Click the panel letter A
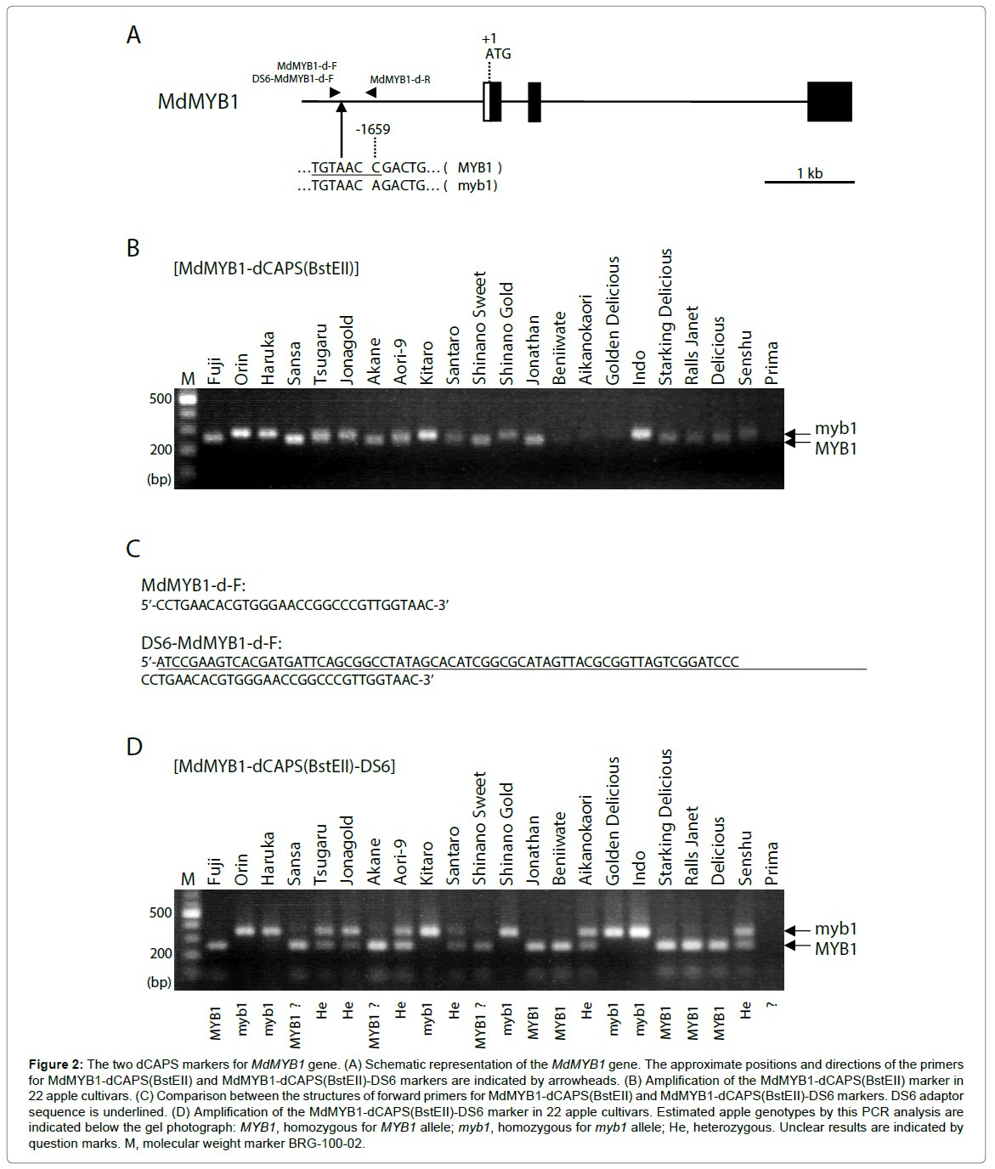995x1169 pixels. click(133, 36)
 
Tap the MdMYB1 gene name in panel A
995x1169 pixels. click(198, 102)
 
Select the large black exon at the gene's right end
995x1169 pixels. click(828, 102)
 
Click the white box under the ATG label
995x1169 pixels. click(487, 102)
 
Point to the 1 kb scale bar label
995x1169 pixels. click(809, 173)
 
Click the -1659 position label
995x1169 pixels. click(373, 129)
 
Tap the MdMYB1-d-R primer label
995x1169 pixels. click(399, 80)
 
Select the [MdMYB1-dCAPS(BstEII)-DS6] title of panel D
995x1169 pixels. click(284, 766)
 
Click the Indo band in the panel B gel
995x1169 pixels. click(641, 434)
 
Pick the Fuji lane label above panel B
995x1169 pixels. click(214, 370)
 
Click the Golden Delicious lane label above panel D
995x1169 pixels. click(613, 821)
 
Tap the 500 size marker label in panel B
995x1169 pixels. click(161, 398)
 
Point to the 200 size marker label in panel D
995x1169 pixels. click(161, 953)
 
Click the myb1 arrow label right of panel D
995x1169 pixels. click(835, 929)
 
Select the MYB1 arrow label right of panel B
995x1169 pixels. click(835, 449)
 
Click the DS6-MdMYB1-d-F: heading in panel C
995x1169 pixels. click(212, 643)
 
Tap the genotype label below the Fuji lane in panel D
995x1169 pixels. click(215, 1023)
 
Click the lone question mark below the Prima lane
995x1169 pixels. click(772, 1006)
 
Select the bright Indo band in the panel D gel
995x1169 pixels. click(640, 931)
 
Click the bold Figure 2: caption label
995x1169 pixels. click(55, 1065)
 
